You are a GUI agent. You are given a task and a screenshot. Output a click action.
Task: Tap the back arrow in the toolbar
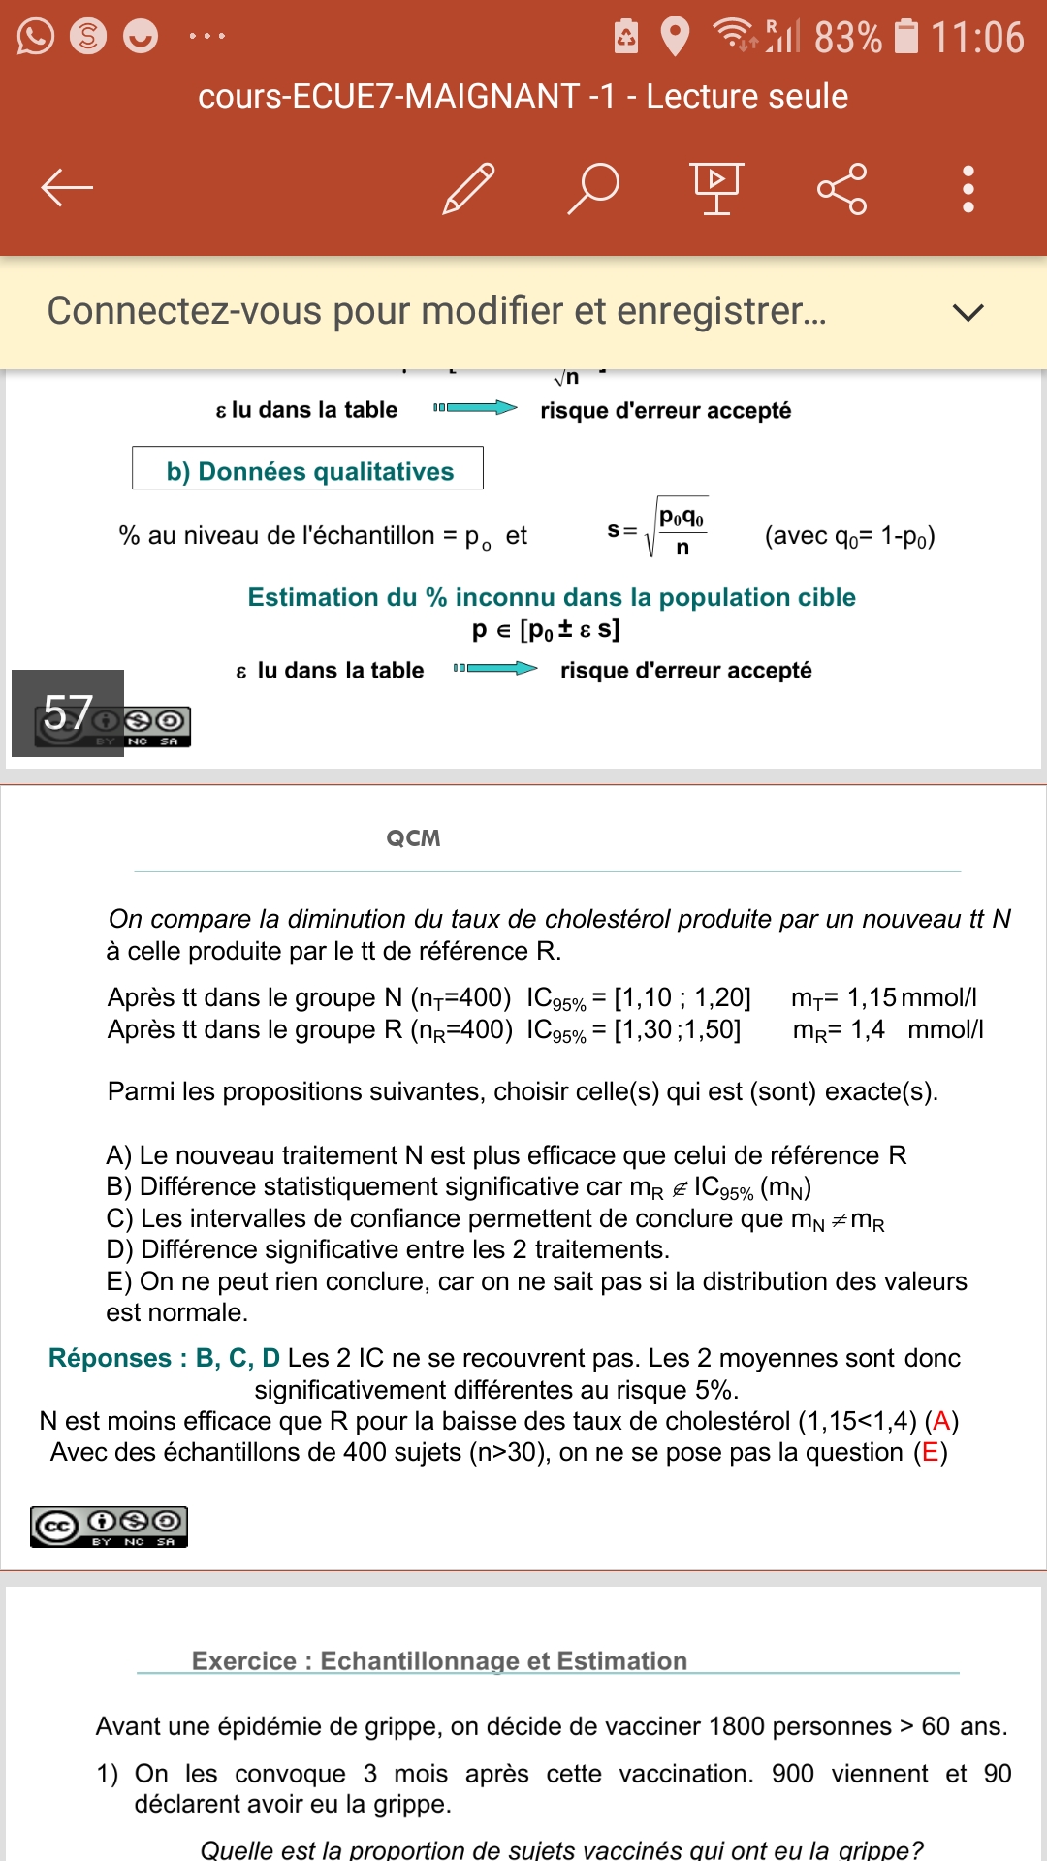click(x=67, y=188)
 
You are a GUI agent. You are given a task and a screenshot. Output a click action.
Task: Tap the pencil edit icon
click(x=468, y=188)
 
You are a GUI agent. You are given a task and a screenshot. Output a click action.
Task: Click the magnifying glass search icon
click(x=593, y=188)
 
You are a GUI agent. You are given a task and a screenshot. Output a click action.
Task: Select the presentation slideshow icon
click(x=716, y=188)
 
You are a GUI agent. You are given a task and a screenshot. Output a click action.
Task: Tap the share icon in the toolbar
click(x=841, y=188)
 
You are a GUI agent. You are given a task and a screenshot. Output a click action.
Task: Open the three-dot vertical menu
click(x=968, y=188)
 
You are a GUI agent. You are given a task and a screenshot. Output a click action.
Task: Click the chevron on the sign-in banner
click(x=968, y=312)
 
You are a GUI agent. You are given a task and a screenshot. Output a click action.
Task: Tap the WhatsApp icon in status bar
click(x=36, y=37)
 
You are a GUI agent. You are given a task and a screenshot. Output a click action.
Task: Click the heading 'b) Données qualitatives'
click(x=309, y=471)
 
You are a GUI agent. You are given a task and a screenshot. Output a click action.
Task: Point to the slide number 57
click(x=68, y=712)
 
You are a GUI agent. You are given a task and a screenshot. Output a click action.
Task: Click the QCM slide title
click(x=413, y=838)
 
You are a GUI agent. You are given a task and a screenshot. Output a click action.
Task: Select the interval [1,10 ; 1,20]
click(x=682, y=997)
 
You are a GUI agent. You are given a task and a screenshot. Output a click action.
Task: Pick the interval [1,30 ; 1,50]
click(x=678, y=1029)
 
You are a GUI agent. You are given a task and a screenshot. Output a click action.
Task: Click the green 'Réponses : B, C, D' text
click(x=164, y=1358)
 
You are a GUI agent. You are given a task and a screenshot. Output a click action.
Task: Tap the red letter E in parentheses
click(x=931, y=1452)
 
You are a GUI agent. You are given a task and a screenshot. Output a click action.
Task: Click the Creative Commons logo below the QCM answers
click(x=109, y=1527)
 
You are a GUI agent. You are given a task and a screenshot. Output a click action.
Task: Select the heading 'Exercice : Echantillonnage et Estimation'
click(x=439, y=1661)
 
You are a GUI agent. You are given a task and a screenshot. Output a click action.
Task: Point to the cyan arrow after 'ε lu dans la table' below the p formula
click(x=495, y=668)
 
